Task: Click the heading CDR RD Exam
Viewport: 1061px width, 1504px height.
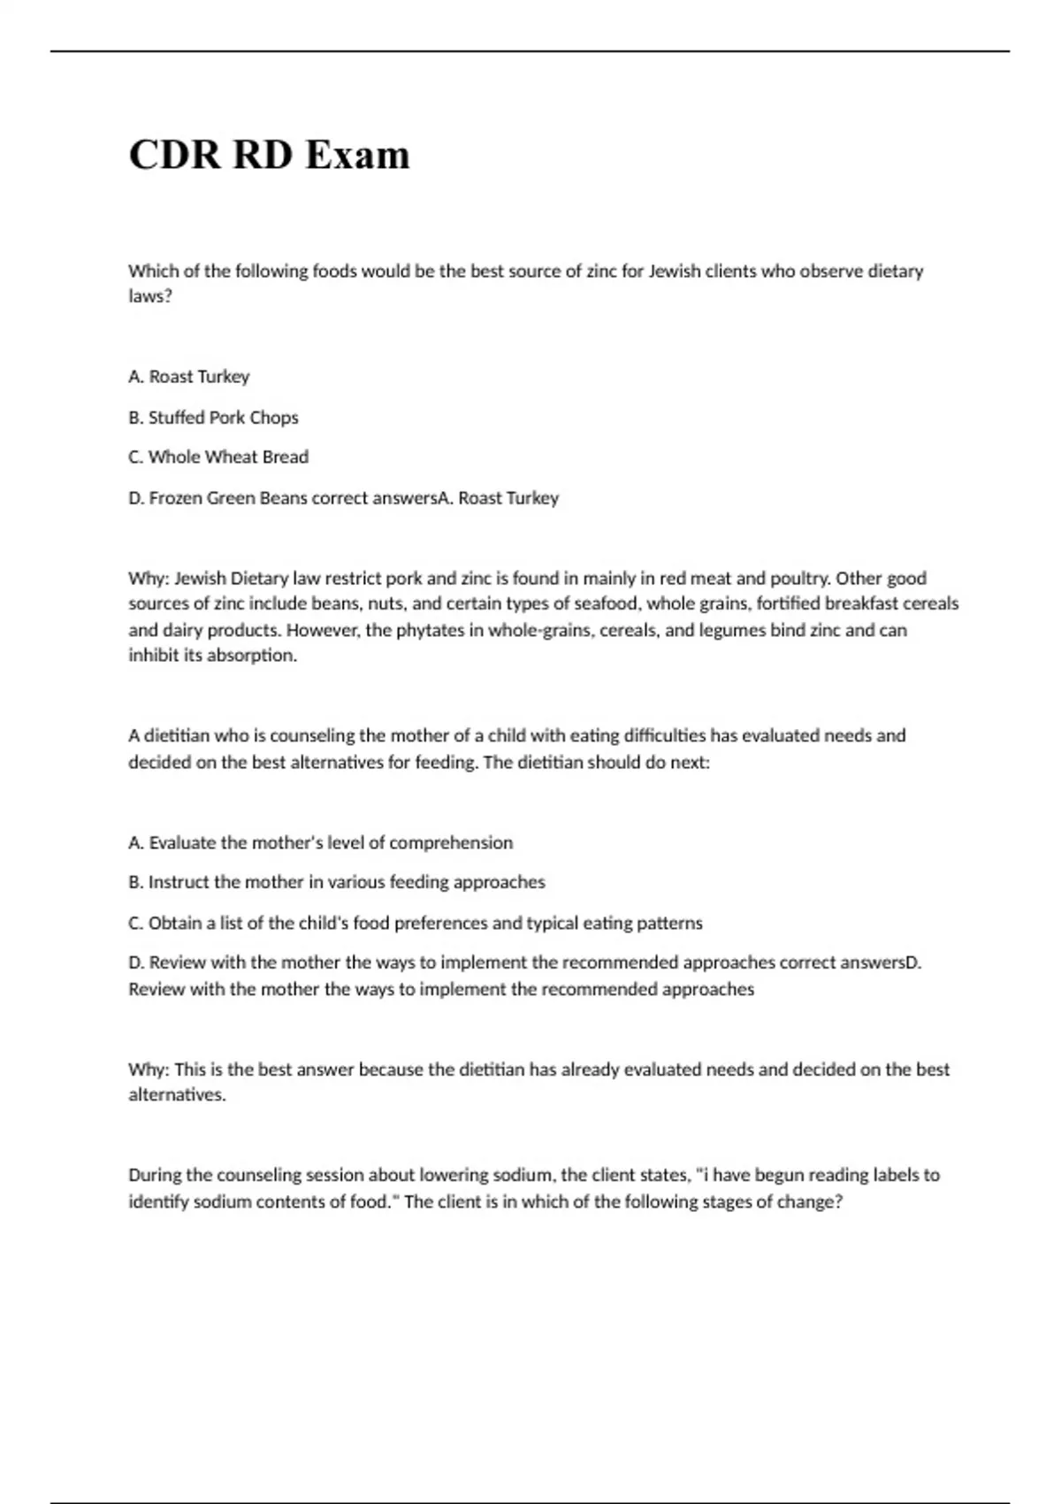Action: [x=269, y=155]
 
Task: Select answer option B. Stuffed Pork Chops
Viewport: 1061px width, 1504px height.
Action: [x=213, y=417]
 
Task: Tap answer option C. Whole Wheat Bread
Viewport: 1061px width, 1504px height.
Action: [x=218, y=457]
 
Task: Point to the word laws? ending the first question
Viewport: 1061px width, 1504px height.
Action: [x=149, y=296]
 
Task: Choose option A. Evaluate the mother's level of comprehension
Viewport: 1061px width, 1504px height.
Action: [x=320, y=842]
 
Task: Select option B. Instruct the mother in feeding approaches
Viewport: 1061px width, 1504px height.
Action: [x=336, y=882]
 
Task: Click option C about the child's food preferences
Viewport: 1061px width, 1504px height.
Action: [x=415, y=923]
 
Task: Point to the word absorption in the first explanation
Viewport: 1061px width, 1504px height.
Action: [x=252, y=656]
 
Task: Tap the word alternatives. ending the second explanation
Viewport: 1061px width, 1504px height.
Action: [x=177, y=1094]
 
